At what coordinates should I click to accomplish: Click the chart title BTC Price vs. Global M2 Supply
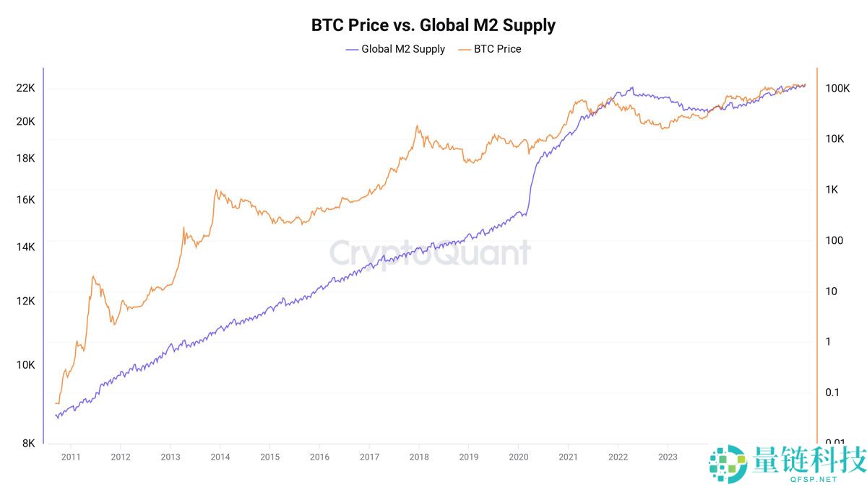tap(433, 25)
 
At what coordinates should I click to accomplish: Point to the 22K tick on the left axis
tap(26, 88)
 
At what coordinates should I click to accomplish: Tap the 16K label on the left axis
tap(26, 200)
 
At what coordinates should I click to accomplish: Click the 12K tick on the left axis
tap(26, 301)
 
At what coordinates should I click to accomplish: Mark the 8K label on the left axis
tap(28, 443)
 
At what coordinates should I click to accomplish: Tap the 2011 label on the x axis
tap(71, 457)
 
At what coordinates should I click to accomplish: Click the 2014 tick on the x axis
tap(220, 457)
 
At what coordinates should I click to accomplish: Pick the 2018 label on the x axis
tap(419, 457)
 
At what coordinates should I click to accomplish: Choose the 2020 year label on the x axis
tap(519, 457)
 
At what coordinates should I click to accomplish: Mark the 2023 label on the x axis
tap(668, 457)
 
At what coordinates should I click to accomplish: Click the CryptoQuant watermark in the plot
tap(430, 253)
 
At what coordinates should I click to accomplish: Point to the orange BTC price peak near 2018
tap(418, 126)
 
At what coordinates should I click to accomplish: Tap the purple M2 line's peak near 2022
tap(632, 88)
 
